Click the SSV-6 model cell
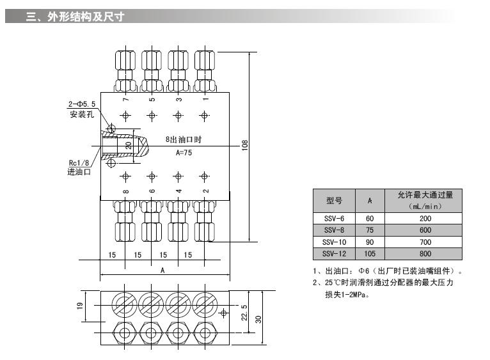(334, 219)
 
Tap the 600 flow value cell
(425, 230)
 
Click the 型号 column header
(334, 200)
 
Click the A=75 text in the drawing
(184, 153)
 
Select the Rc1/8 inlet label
(79, 163)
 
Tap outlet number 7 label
(126, 99)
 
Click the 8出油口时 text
(184, 138)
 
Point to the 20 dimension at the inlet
(128, 145)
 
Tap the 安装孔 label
(82, 114)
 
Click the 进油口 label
(79, 172)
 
